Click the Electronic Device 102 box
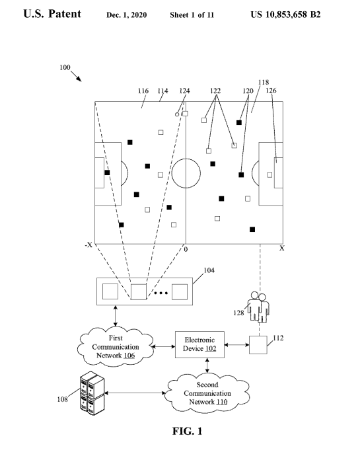click(x=199, y=344)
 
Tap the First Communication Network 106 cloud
click(x=116, y=346)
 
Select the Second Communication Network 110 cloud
click(x=207, y=393)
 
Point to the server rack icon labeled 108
click(x=92, y=393)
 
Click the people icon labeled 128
click(x=258, y=307)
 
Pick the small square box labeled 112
click(x=258, y=345)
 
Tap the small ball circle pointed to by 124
click(x=177, y=114)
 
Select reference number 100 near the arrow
click(x=65, y=67)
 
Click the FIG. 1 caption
click(x=187, y=431)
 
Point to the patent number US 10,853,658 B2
click(x=285, y=15)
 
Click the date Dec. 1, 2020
click(x=126, y=15)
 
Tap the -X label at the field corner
click(x=89, y=245)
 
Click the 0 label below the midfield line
click(x=186, y=249)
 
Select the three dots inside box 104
click(x=161, y=293)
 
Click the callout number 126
click(x=271, y=91)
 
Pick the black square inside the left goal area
click(x=107, y=172)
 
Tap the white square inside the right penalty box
click(x=270, y=174)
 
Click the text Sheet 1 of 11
click(x=192, y=15)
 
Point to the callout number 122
click(x=215, y=91)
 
